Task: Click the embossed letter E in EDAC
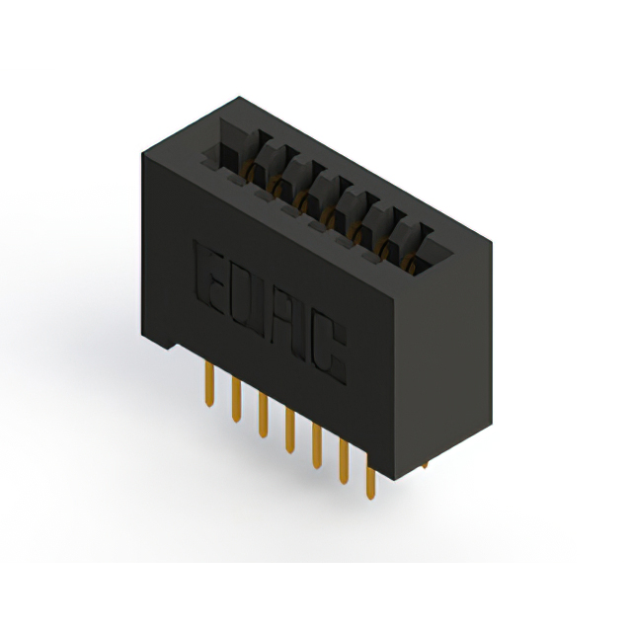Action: pos(209,278)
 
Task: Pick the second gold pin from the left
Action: pos(236,400)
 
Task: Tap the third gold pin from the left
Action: pos(263,415)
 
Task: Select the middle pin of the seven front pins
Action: pos(289,431)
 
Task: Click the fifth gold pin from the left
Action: pos(317,446)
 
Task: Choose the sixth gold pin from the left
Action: pos(344,461)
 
